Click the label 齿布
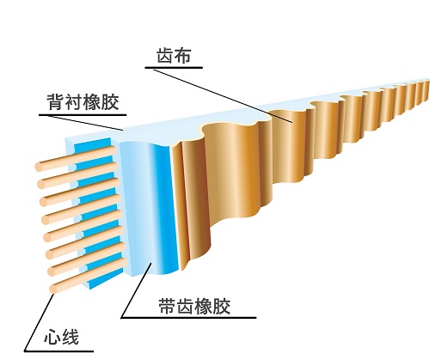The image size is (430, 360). click(174, 55)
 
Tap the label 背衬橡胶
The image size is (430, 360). click(83, 101)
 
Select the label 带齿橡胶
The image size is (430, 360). click(194, 306)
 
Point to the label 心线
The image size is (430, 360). click(61, 337)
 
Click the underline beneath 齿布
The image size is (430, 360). click(174, 68)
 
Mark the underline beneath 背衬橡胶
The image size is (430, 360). click(83, 115)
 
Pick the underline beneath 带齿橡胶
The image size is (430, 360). click(188, 317)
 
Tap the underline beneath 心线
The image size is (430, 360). click(58, 351)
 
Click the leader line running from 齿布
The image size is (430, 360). click(223, 95)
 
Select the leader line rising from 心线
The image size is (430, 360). click(40, 321)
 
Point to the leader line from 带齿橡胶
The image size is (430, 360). click(136, 290)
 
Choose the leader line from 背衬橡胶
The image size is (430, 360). click(84, 123)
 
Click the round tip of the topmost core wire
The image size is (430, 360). click(39, 167)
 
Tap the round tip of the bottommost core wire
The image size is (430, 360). click(53, 289)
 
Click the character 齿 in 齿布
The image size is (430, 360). click(165, 55)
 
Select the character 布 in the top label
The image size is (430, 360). click(182, 55)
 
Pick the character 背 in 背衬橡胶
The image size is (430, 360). click(56, 101)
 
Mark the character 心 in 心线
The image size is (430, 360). click(52, 337)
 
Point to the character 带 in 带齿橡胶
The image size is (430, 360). click(167, 306)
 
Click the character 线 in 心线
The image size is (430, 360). click(70, 337)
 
